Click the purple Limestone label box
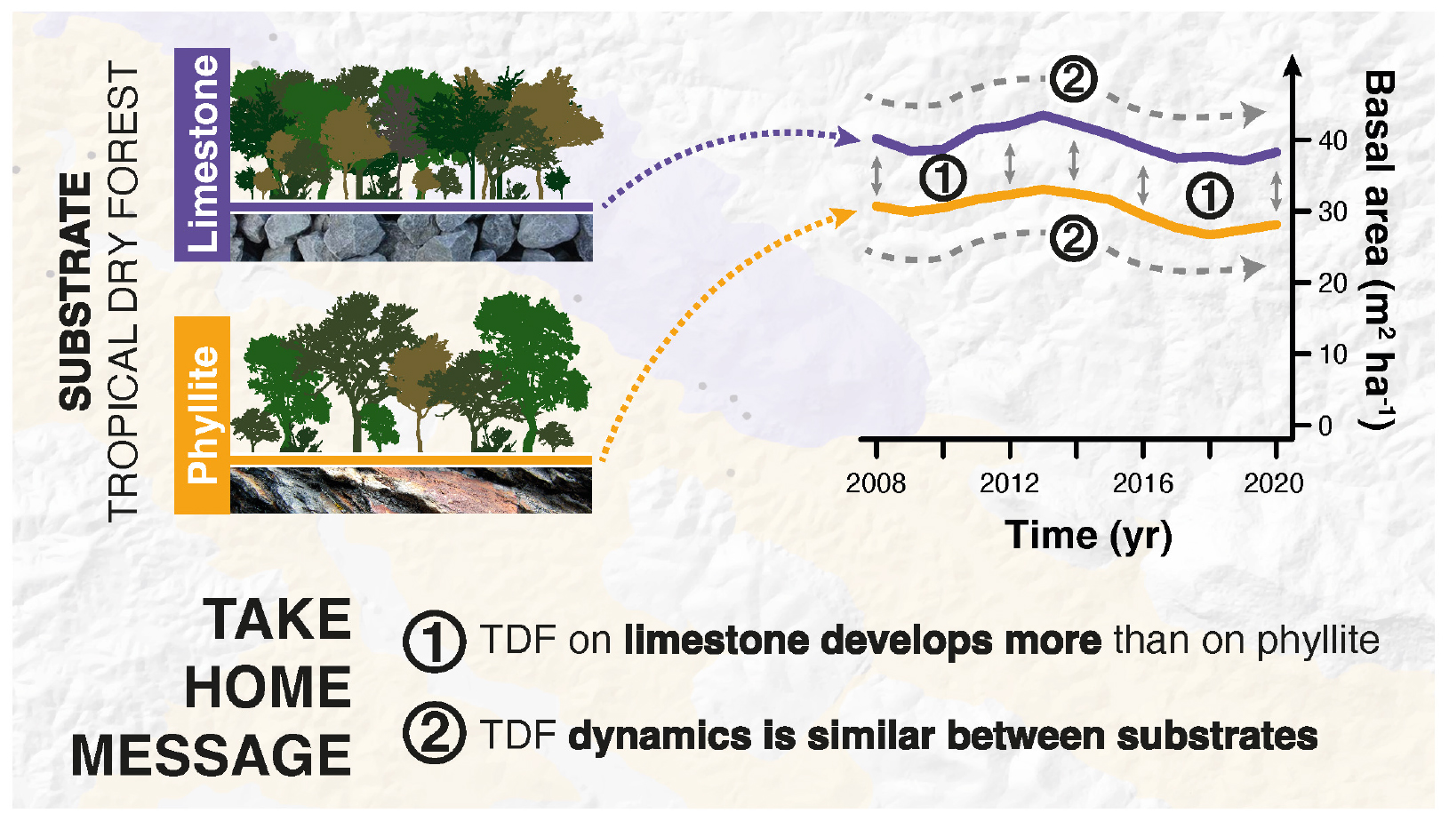pyautogui.click(x=202, y=155)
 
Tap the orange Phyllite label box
pyautogui.click(x=202, y=415)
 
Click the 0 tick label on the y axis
pyautogui.click(x=1325, y=426)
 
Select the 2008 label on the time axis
pyautogui.click(x=876, y=483)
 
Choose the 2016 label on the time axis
pyautogui.click(x=1142, y=483)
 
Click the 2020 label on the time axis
pyautogui.click(x=1274, y=483)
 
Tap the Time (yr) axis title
pyautogui.click(x=1089, y=536)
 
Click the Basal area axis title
pyautogui.click(x=1378, y=249)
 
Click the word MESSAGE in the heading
pyautogui.click(x=212, y=755)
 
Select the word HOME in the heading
pyautogui.click(x=268, y=687)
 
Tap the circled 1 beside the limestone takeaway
pyautogui.click(x=434, y=642)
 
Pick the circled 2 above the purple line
pyautogui.click(x=1073, y=79)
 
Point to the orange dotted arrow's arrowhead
pyautogui.click(x=845, y=216)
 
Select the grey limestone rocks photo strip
pyautogui.click(x=412, y=237)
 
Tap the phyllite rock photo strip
pyautogui.click(x=412, y=490)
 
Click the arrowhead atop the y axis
pyautogui.click(x=1292, y=66)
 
